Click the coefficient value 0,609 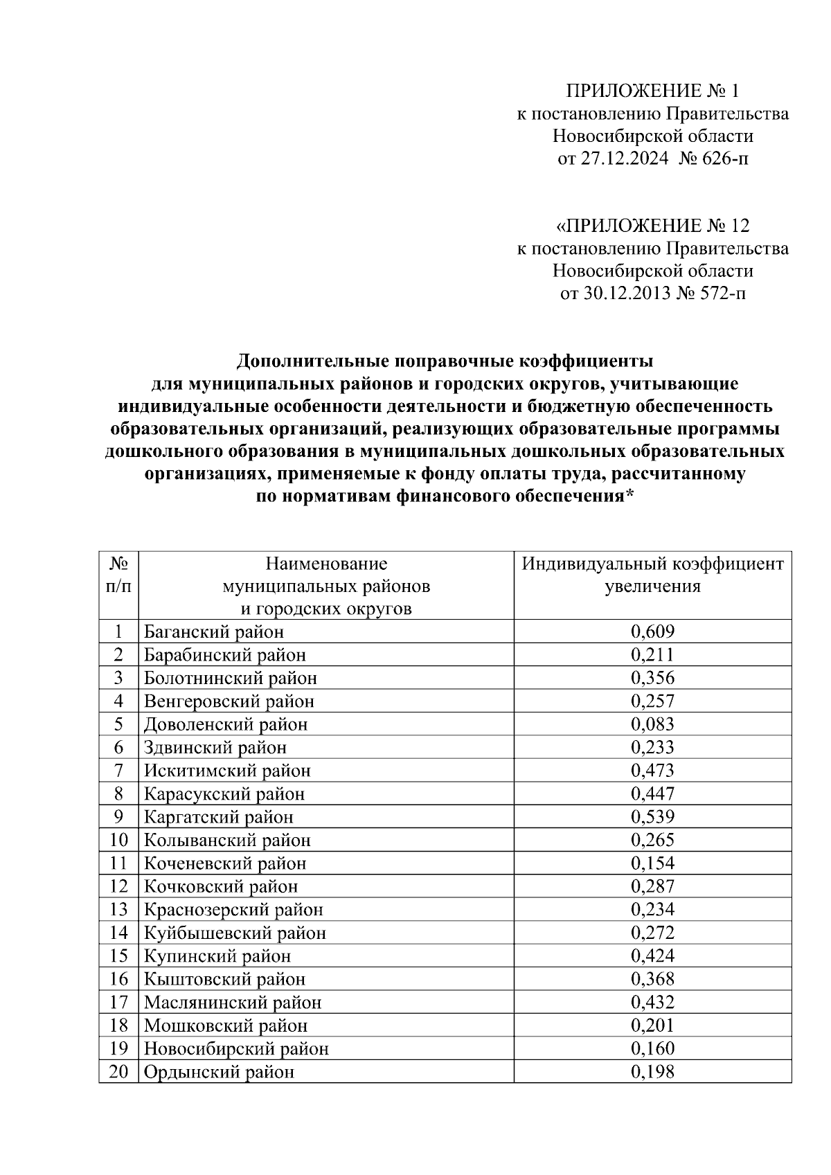pos(652,631)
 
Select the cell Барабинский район pos(224,655)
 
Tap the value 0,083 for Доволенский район pos(652,724)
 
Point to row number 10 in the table pos(119,840)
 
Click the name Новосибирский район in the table pos(236,1049)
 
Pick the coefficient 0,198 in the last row pos(652,1073)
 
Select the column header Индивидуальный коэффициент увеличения pos(652,575)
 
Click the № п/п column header pos(118,575)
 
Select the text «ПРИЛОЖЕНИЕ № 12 pos(652,226)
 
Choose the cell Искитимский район pos(227,771)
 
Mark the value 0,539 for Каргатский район pos(652,817)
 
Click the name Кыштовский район pos(224,979)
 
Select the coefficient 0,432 pos(652,1003)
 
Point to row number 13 pos(119,910)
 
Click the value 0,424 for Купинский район pos(652,956)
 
